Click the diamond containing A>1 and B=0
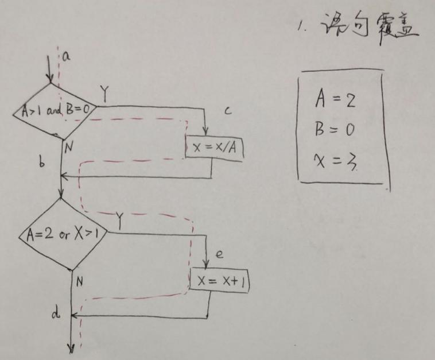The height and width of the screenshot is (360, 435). coord(55,110)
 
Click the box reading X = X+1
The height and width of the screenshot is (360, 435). coord(220,281)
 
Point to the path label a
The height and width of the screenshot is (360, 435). coord(65,56)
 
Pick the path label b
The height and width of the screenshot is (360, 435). coord(42,163)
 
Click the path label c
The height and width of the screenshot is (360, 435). coord(227,111)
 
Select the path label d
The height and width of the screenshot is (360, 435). coord(55,313)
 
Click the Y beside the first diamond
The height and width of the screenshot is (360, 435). coord(104,91)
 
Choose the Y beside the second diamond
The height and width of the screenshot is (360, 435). coord(120,219)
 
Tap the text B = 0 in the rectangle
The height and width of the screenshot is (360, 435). coord(335,130)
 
